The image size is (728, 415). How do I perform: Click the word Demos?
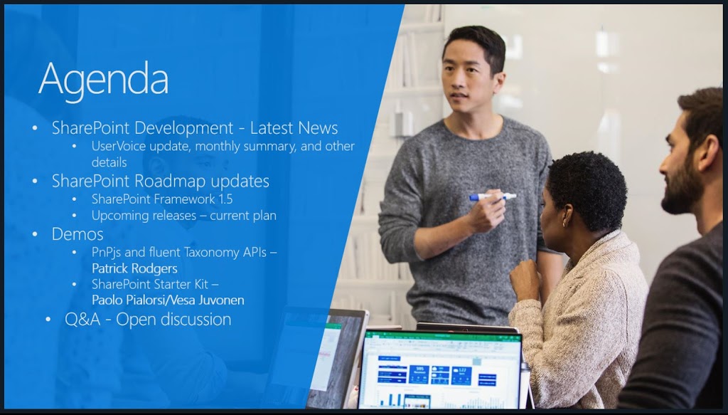[x=77, y=233]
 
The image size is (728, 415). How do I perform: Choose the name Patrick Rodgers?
[x=134, y=268]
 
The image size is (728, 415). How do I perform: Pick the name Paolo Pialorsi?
[x=129, y=300]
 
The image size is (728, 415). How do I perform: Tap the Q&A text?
[x=82, y=320]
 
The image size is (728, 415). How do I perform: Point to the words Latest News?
[x=294, y=128]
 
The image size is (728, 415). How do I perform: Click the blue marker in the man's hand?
[x=493, y=197]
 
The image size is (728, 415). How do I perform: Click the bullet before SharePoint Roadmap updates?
[x=35, y=182]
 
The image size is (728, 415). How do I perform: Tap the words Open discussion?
[x=173, y=320]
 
